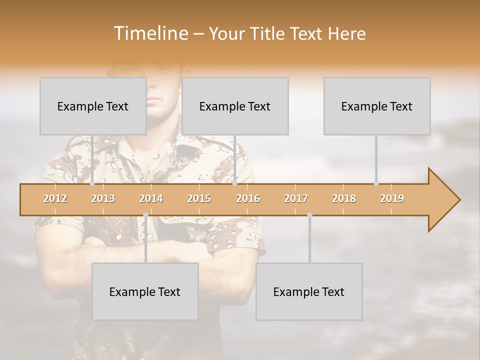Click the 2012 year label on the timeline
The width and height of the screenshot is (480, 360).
coord(55,198)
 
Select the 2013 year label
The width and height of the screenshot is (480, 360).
coord(103,198)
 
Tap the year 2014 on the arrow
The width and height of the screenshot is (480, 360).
coord(151,198)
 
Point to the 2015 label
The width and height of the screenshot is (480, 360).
coord(199,198)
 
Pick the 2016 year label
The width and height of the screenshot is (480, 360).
coord(248,198)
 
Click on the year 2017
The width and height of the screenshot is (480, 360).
coord(296,198)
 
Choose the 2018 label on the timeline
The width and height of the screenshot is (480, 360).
coord(344,198)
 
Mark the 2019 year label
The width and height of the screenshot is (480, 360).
coord(392,198)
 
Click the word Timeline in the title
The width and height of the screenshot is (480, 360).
coord(150,33)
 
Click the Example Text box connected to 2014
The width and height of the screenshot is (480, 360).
coord(145,291)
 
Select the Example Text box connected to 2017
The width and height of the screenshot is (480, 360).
coord(309,291)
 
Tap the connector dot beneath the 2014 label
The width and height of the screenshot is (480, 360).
coord(145,215)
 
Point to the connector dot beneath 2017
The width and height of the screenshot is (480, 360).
coord(309,215)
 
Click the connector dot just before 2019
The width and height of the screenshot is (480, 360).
coord(376,183)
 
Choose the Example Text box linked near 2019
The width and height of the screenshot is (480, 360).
coord(377,106)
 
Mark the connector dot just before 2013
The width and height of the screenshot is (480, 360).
coord(92,183)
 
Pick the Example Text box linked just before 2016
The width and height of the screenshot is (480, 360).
coord(235,106)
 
